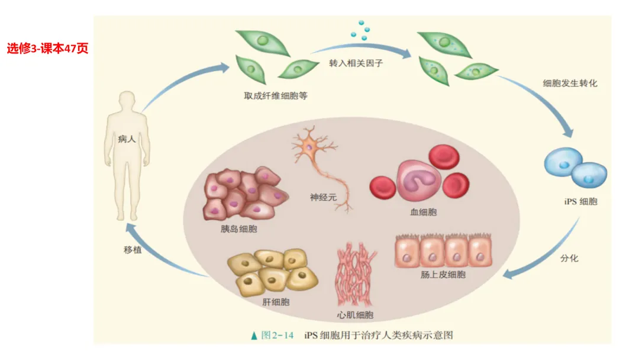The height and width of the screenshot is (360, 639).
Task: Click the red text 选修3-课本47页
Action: (x=47, y=49)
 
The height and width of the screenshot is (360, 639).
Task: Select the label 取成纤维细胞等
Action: (x=276, y=95)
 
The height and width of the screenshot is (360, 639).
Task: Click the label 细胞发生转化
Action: (x=570, y=83)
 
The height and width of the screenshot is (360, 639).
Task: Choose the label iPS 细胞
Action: (x=580, y=201)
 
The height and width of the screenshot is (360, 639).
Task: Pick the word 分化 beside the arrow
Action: (x=569, y=259)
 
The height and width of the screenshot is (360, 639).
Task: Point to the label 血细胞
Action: (x=424, y=211)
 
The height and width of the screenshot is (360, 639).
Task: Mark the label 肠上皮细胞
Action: (x=443, y=275)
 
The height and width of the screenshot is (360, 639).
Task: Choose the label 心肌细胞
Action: (x=354, y=315)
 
